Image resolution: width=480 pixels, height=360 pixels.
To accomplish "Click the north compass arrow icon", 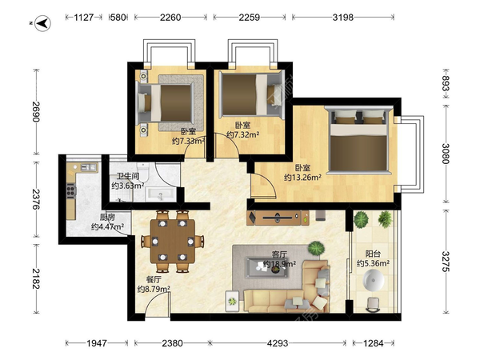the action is (x=43, y=23).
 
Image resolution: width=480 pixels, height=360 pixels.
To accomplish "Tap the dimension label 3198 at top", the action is (x=343, y=18).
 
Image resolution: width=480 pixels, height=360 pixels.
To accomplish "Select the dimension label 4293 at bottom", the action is (x=278, y=343).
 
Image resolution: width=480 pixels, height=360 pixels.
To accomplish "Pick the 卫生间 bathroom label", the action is (x=128, y=177).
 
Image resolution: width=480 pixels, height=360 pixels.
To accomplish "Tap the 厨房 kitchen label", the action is (x=107, y=218).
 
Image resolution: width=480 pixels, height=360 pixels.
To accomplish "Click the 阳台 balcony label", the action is (x=373, y=254).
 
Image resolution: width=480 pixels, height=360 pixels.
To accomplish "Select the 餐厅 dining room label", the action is (x=154, y=280).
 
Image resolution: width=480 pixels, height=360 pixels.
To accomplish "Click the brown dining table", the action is (x=173, y=241).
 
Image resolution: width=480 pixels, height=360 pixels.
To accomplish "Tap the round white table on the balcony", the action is (x=374, y=280).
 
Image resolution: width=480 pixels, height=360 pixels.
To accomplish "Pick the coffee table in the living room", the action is (x=266, y=268).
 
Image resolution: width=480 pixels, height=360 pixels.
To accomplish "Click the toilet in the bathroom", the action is (x=143, y=172).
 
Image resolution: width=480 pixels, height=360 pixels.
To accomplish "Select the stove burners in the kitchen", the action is (x=71, y=190).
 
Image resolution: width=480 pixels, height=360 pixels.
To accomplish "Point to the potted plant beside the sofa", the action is (x=316, y=248).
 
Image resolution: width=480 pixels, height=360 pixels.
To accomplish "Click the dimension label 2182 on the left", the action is (x=36, y=278).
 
